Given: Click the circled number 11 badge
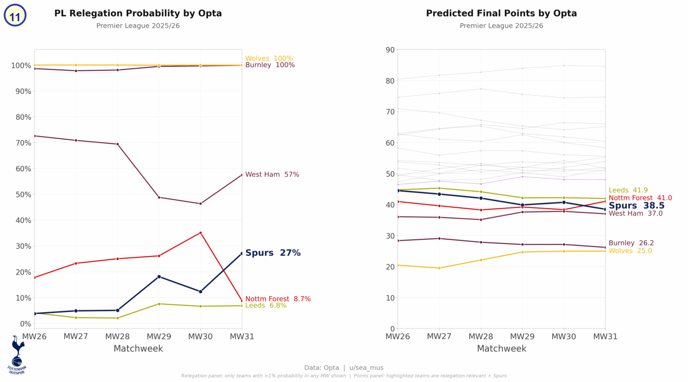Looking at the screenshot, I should pyautogui.click(x=15, y=16).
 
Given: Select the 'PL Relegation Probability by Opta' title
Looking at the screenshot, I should pyautogui.click(x=138, y=13).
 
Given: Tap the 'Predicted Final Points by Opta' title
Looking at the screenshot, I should pyautogui.click(x=501, y=13).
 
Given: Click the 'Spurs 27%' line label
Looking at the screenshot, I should pyautogui.click(x=273, y=253).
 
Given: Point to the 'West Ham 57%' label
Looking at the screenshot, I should pyautogui.click(x=272, y=175).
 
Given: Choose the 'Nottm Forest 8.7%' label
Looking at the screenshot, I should pyautogui.click(x=278, y=299).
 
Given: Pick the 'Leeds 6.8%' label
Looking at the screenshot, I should pyautogui.click(x=266, y=306).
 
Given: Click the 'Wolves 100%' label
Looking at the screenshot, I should pyautogui.click(x=269, y=59).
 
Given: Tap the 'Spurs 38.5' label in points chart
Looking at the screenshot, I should pyautogui.click(x=636, y=206).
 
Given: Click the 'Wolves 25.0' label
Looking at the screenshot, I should pyautogui.click(x=630, y=251).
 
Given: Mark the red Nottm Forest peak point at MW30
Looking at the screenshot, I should pyautogui.click(x=200, y=233).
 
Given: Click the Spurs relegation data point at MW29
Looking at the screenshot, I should pyautogui.click(x=159, y=277).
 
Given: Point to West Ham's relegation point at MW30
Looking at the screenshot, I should pyautogui.click(x=200, y=204).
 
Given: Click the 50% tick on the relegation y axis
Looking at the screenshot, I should pyautogui.click(x=21, y=195).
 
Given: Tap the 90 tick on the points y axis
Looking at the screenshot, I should pyautogui.click(x=390, y=50).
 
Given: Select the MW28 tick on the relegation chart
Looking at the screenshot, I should pyautogui.click(x=117, y=336).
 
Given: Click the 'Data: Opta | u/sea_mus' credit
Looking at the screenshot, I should pyautogui.click(x=344, y=368).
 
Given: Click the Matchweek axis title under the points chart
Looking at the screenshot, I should pyautogui.click(x=501, y=348).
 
